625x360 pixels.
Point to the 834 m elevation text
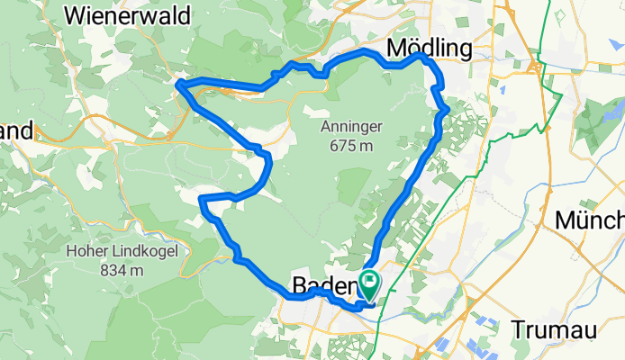pos(106,269)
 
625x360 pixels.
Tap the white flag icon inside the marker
pos(369,281)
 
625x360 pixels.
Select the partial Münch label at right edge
pos(590,219)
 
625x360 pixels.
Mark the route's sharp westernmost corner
pos(178,85)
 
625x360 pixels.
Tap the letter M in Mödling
pos(395,48)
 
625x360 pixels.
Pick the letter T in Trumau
pos(518,329)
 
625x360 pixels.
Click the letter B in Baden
pos(299,285)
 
